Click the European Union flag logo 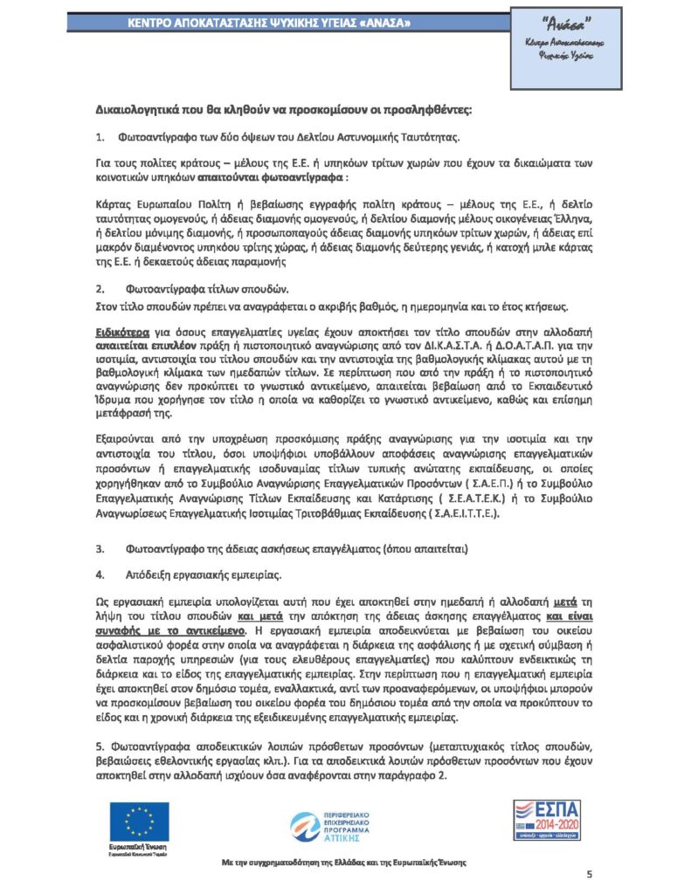[x=139, y=821]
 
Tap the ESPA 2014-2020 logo [x=547, y=820]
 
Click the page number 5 [x=589, y=874]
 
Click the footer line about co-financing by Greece [x=342, y=862]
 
